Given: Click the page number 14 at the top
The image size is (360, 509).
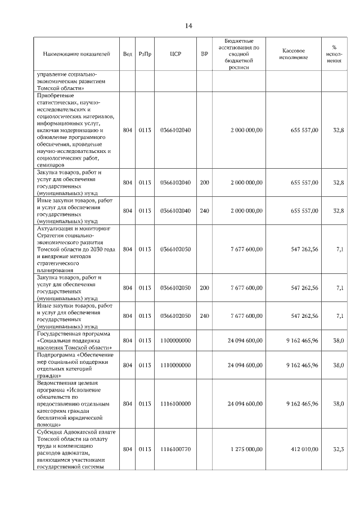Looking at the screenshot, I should pyautogui.click(x=188, y=26).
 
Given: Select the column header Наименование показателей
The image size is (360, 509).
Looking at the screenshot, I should pyautogui.click(x=76, y=54).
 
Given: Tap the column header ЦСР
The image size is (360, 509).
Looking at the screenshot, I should pyautogui.click(x=175, y=54).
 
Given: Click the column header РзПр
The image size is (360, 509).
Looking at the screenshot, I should pyautogui.click(x=145, y=54).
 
